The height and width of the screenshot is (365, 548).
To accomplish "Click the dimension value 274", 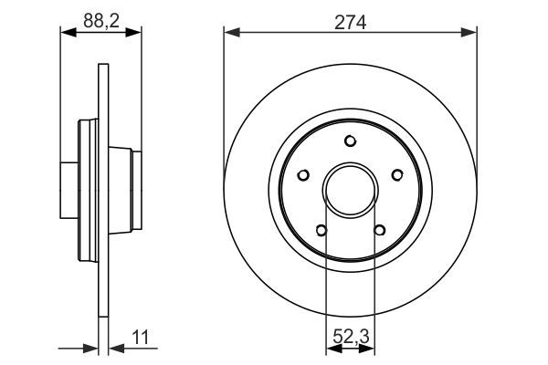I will point(351,24).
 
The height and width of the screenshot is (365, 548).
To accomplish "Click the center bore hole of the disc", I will point(351,188).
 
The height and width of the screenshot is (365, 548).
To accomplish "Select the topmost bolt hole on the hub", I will point(351,141).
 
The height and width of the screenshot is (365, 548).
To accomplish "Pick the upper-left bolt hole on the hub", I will point(305,173).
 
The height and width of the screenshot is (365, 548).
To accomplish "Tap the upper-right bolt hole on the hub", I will point(396,173).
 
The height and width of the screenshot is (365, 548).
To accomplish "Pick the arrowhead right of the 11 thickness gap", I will point(114,347).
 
